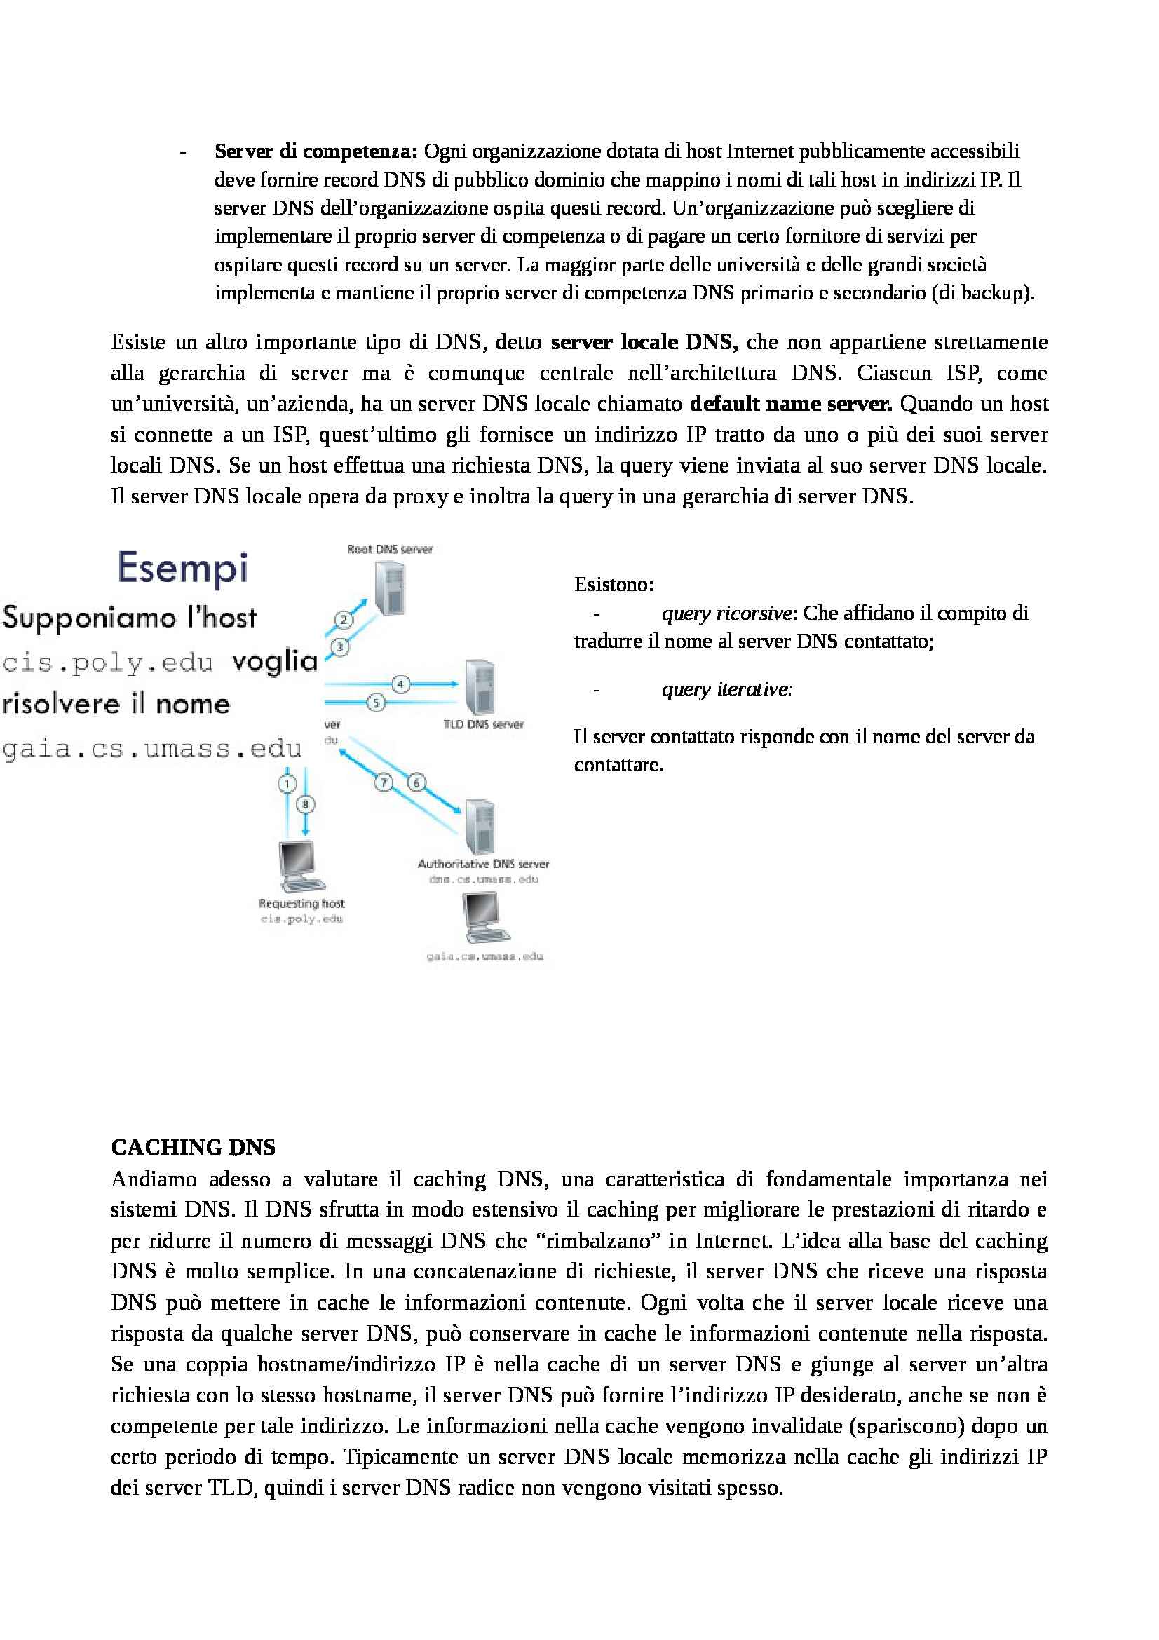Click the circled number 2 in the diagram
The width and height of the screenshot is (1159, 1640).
[344, 619]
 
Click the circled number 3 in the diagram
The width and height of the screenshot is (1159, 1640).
[340, 647]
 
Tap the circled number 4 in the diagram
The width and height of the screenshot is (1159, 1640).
[400, 684]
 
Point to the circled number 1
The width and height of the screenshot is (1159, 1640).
[287, 784]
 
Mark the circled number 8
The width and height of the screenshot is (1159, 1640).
[306, 804]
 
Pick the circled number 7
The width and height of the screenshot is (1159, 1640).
[384, 783]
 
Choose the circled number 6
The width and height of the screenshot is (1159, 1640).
[416, 783]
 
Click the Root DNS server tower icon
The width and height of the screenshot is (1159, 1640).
[390, 588]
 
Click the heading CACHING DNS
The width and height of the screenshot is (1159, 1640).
[194, 1147]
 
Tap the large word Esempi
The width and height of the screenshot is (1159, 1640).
[184, 568]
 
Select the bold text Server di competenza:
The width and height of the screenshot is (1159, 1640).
[316, 151]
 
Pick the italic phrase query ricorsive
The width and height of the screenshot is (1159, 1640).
[726, 614]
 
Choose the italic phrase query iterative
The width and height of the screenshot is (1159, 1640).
[726, 689]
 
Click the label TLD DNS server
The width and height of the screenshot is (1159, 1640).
[484, 724]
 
